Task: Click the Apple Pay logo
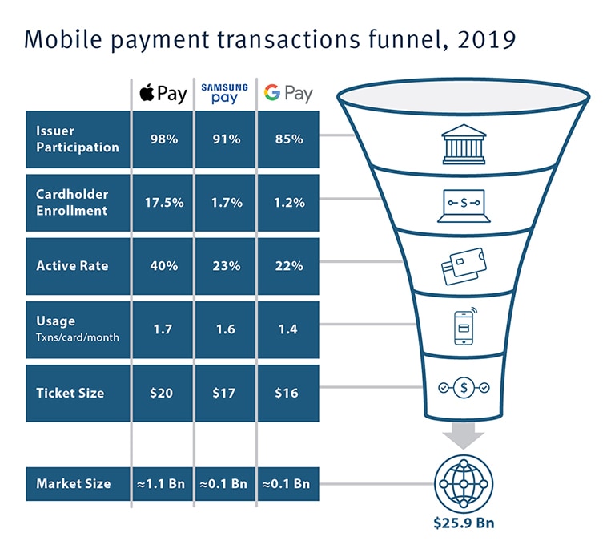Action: click(163, 94)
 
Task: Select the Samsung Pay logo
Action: click(225, 94)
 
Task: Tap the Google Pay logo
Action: click(288, 94)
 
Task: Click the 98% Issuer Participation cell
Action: click(163, 139)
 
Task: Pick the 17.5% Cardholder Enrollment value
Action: click(164, 203)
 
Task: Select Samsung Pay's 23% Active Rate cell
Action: click(226, 266)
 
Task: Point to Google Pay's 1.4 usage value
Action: click(288, 329)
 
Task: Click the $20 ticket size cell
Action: click(163, 393)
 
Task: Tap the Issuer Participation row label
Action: click(77, 139)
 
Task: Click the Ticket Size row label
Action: click(70, 393)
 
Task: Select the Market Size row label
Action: click(74, 483)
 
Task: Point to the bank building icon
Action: click(464, 144)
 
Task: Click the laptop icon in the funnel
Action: click(464, 206)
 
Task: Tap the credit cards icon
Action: click(464, 266)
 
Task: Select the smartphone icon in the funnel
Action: click(465, 326)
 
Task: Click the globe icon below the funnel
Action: click(464, 483)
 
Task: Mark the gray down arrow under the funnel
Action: click(464, 435)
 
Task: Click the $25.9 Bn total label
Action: click(464, 523)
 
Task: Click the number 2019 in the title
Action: click(486, 39)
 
